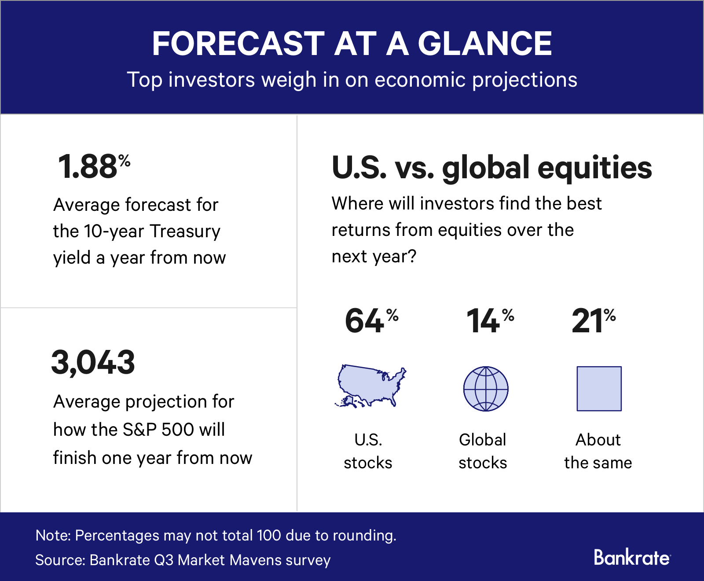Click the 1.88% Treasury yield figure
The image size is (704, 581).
(94, 167)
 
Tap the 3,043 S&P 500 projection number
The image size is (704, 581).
(93, 363)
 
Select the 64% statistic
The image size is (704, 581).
(371, 320)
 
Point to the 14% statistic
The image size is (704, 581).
(489, 320)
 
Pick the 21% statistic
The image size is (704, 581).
(593, 320)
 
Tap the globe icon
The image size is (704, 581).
(486, 389)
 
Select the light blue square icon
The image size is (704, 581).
(599, 389)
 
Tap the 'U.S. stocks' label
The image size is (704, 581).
(368, 451)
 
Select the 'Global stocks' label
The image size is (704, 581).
(483, 451)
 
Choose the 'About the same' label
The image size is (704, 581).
(598, 451)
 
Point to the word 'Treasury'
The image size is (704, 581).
(185, 231)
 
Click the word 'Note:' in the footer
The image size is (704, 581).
(53, 535)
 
